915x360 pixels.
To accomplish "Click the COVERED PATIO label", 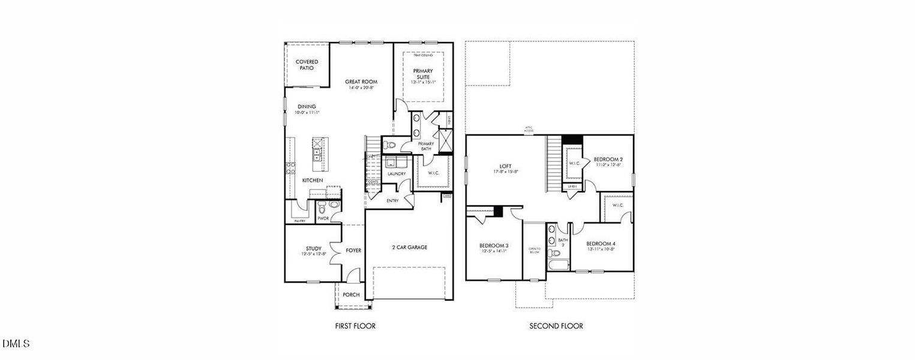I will point(307,65).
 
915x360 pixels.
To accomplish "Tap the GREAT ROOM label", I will point(361,82).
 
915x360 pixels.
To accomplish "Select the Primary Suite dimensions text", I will point(422,82).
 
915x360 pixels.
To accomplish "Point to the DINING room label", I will point(307,107).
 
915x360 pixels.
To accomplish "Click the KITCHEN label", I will point(313,180).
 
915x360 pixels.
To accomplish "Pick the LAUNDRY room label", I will point(397,174).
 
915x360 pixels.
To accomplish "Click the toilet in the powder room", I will point(322,209).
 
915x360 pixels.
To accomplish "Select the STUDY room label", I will point(314,248).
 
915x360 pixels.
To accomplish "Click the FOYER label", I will point(353,250).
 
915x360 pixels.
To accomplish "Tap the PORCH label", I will point(351,295).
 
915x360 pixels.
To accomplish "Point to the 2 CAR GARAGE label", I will point(410,247).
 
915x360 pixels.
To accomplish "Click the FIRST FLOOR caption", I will point(355,326).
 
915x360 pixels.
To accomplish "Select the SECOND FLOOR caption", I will point(556,326).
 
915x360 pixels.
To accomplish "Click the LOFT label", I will point(505,167).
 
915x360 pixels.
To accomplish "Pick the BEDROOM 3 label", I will point(494,245).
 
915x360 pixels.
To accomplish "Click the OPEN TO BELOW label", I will point(534,251).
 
